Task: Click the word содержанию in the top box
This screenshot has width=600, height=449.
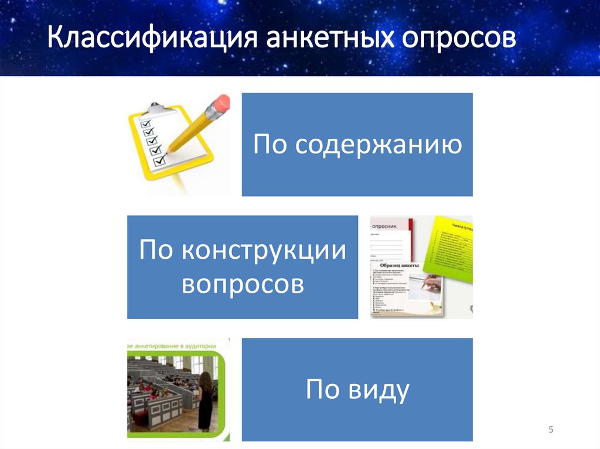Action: (379, 145)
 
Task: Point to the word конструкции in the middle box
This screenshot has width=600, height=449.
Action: (264, 251)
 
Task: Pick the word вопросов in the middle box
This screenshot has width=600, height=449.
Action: (243, 285)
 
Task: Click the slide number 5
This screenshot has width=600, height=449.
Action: (551, 430)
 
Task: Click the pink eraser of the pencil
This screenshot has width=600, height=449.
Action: (220, 105)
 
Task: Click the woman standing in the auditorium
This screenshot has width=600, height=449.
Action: (205, 401)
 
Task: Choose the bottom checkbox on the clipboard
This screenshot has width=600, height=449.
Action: (158, 160)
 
